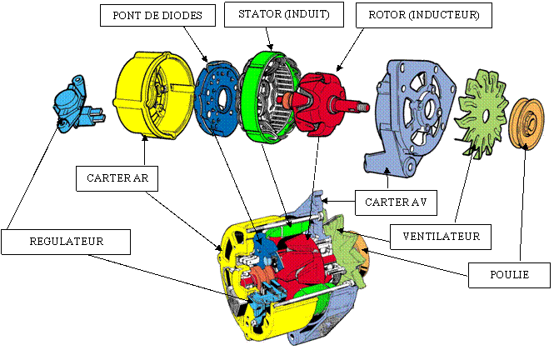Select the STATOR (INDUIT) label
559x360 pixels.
tap(283, 13)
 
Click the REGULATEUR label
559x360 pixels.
tap(66, 241)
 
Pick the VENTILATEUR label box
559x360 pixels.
tap(441, 236)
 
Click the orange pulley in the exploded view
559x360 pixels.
tap(526, 123)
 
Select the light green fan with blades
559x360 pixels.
tap(482, 112)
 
